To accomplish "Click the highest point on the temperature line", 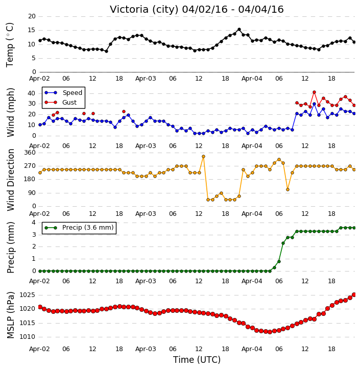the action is point(239,30).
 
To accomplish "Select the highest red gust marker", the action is point(314,92).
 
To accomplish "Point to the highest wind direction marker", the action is point(203,157).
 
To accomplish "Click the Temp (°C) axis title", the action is point(10,45).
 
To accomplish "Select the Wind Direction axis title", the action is point(11,180).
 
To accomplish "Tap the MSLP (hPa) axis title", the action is point(11,315).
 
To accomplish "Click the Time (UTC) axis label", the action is point(197,360).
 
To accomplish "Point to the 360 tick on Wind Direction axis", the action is point(30,153).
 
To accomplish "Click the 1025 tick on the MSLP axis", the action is point(28,295).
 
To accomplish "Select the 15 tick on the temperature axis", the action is point(32,30).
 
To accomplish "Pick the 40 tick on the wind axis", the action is point(32,93).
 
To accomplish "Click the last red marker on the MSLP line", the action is point(354,295).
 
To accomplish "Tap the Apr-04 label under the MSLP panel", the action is point(252,349).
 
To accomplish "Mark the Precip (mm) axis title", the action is point(11,248).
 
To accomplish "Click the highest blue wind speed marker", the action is point(314,104).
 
